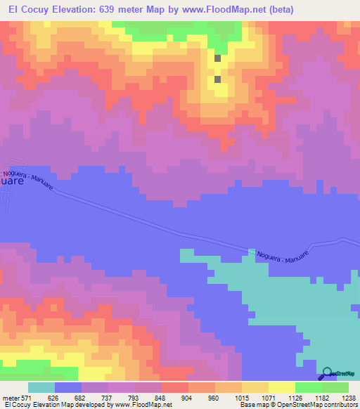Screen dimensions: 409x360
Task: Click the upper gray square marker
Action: (217, 59)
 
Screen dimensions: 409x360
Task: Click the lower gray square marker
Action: (217, 79)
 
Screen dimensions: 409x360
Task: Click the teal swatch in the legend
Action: (41, 387)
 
